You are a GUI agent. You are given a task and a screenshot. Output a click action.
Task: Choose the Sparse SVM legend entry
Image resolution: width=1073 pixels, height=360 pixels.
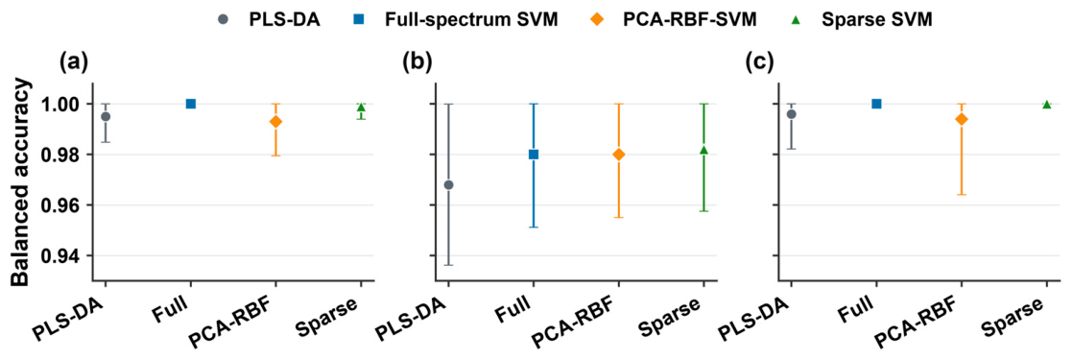(x=861, y=20)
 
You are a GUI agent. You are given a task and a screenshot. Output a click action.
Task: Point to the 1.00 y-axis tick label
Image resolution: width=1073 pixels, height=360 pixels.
(x=65, y=104)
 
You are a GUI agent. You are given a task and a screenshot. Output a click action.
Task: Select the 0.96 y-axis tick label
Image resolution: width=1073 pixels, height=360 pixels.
(x=65, y=205)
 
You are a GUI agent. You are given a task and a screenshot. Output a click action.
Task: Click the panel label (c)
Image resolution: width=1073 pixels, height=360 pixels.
(x=760, y=63)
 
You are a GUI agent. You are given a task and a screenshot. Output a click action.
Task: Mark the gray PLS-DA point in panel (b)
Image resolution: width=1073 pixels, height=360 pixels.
(x=448, y=184)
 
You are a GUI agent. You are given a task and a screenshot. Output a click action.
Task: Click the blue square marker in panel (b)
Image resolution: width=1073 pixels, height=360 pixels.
(x=533, y=155)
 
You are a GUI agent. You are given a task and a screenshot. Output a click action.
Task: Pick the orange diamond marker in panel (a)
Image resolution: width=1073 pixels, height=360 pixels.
(x=275, y=122)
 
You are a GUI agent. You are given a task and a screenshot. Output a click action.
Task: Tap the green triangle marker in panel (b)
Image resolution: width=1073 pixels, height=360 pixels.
(x=703, y=150)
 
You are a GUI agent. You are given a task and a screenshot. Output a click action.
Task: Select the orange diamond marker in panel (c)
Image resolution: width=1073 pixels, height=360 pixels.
(x=962, y=119)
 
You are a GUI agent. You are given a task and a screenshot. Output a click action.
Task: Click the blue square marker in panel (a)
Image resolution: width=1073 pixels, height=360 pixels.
(x=191, y=104)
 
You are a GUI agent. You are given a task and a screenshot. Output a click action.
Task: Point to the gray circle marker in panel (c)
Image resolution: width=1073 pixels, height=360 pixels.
(x=792, y=113)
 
